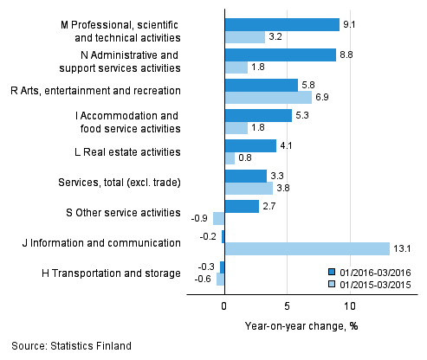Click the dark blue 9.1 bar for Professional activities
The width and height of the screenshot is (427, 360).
tap(281, 24)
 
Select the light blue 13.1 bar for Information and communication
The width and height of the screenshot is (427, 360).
tap(307, 249)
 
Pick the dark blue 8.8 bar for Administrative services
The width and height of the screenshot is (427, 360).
tap(280, 55)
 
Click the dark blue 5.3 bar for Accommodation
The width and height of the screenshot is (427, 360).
tap(258, 115)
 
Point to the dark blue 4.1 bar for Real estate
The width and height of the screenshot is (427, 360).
tap(250, 145)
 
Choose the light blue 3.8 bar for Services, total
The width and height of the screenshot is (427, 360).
tap(249, 189)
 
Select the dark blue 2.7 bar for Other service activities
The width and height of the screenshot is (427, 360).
tap(242, 206)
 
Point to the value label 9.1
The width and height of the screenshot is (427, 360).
tap(350, 24)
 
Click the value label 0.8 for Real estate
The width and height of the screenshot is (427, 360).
tap(246, 158)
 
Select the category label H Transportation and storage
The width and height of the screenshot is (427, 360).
tap(111, 273)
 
